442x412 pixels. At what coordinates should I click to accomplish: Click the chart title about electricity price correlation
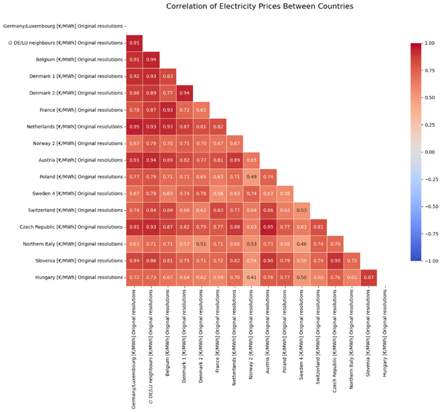259,7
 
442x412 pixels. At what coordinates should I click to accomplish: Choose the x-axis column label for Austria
269,348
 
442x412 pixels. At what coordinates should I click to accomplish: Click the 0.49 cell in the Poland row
252,176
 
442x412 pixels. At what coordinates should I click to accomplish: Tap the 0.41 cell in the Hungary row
252,277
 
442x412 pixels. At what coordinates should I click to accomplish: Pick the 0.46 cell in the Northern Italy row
302,243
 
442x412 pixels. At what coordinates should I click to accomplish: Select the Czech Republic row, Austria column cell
269,227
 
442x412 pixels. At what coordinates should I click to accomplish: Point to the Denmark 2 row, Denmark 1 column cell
184,93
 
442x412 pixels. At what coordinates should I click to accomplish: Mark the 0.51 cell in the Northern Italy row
201,243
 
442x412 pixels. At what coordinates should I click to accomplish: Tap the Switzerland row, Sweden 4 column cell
302,210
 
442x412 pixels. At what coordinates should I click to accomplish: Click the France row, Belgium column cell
167,110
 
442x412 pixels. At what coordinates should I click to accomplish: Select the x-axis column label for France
218,348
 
